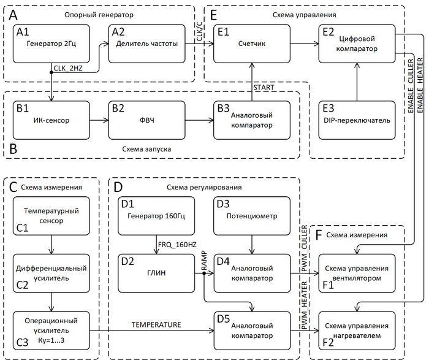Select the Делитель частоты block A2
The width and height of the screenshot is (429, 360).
[x=146, y=44]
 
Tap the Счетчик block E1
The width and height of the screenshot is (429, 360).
[x=252, y=44]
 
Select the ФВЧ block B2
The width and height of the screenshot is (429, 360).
[x=146, y=120]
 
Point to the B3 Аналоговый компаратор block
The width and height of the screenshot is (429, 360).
[x=252, y=120]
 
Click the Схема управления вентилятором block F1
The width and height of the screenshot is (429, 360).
[x=357, y=273]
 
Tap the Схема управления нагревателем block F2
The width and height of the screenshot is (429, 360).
[x=357, y=331]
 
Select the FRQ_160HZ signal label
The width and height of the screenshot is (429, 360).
[x=177, y=245]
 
